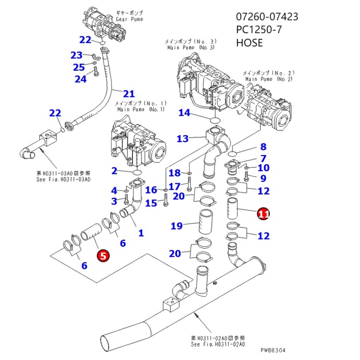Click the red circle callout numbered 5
[103, 255]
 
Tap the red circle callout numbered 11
[263, 214]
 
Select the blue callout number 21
[129, 94]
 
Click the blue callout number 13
[182, 139]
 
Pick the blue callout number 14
[184, 113]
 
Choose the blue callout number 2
[114, 170]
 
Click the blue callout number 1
[141, 233]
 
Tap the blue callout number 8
[263, 147]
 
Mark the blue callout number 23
[76, 55]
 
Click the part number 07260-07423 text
[266, 17]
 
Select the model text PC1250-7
[259, 30]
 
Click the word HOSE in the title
[249, 43]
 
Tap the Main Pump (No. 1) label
[139, 107]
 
